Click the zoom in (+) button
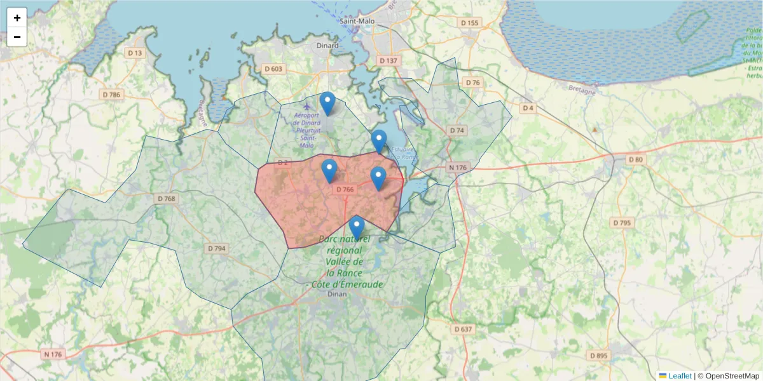(x=17, y=18)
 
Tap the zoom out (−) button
(x=17, y=37)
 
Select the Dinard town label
(x=327, y=46)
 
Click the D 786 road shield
(x=111, y=95)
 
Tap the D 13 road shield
(x=135, y=53)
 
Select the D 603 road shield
(x=273, y=69)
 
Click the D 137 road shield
(x=387, y=60)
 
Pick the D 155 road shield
(x=469, y=23)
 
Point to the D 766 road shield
(x=345, y=189)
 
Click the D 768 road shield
(x=165, y=199)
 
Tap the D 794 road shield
(x=217, y=248)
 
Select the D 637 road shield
(x=464, y=329)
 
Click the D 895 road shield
(x=599, y=356)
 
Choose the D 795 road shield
(x=621, y=223)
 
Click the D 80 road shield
(x=636, y=159)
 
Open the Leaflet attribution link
(x=680, y=376)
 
